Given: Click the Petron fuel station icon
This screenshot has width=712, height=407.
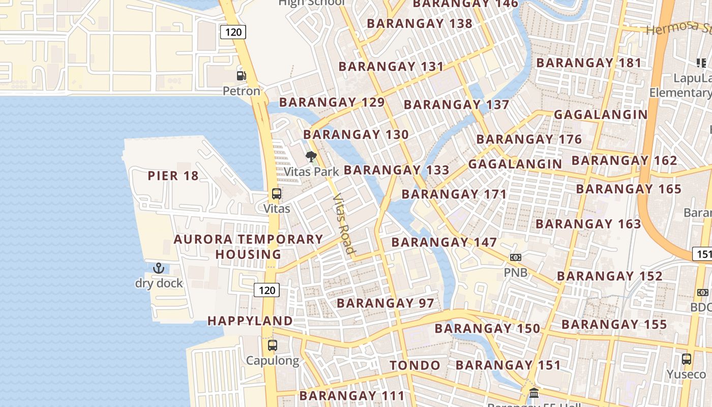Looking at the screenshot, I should coord(241,76).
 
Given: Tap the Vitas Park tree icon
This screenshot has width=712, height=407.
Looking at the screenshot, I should coord(311,156).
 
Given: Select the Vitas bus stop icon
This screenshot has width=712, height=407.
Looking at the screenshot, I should coord(277,194).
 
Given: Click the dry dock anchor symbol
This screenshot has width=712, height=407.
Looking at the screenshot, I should coord(159,268).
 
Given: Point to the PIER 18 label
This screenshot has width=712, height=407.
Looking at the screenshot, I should coord(173,176).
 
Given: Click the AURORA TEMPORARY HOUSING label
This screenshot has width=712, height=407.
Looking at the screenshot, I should coord(249,246).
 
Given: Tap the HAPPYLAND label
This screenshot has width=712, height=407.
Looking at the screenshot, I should coord(250,321).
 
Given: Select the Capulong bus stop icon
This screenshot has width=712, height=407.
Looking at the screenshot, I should coord(273,345).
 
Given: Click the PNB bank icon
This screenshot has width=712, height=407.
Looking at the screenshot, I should coord(516,257).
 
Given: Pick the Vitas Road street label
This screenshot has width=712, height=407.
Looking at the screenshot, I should coord(343,224).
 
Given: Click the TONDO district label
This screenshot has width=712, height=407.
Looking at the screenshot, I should coord(415,365).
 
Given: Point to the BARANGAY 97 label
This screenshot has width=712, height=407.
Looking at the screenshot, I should coord(385,303).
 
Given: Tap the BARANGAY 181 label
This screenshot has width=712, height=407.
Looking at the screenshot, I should coord(589,63).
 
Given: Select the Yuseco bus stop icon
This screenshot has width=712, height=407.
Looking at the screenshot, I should coord(687,359).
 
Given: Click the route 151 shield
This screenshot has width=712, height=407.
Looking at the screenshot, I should coord(703,254).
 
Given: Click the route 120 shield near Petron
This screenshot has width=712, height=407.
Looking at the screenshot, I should coord(233,32).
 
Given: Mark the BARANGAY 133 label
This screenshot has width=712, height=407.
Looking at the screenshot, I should coord(397,170).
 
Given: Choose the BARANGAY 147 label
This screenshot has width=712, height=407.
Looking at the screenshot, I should coord(444,242).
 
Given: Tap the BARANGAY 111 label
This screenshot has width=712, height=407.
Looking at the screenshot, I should coord(352,395).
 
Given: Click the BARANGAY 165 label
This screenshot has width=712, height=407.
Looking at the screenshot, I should coord(629,189).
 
